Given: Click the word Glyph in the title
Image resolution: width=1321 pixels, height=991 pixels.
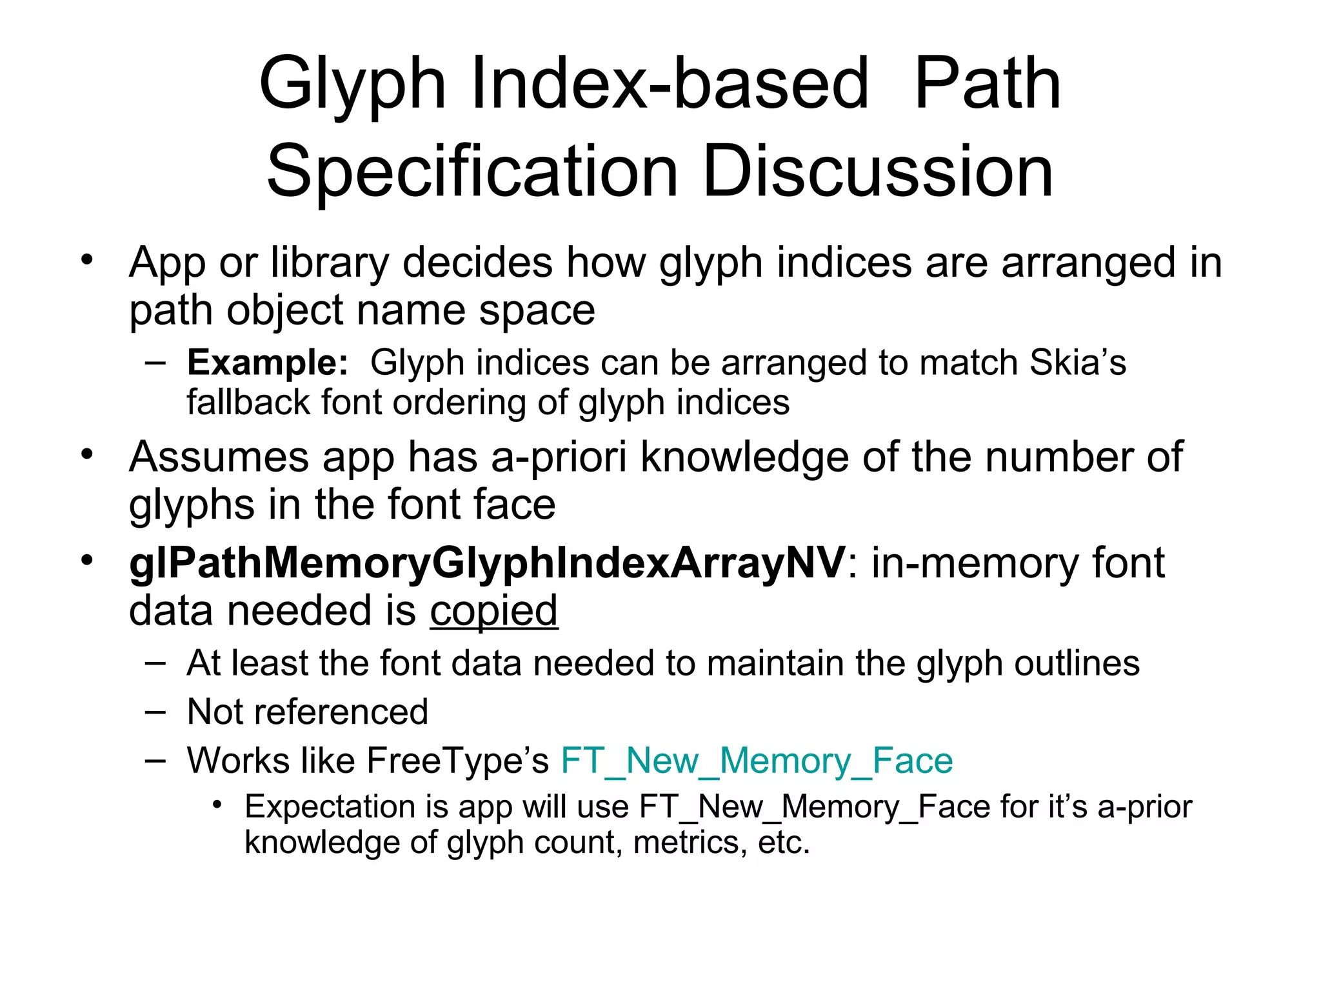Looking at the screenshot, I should (x=352, y=84).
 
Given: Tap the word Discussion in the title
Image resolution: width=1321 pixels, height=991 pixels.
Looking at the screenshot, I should (x=878, y=172).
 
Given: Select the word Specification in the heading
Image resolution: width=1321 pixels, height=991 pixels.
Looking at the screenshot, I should (x=472, y=172).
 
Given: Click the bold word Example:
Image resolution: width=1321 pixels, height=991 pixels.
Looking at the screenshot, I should (x=268, y=362).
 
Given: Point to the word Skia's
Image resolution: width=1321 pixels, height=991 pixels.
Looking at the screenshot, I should (x=1078, y=362).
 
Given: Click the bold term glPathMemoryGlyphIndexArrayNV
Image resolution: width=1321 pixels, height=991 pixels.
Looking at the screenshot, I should (x=487, y=563).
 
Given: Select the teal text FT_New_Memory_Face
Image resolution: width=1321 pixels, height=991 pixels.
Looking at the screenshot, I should (x=757, y=760).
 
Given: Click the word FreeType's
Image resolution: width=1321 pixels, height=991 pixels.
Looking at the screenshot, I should (x=458, y=760).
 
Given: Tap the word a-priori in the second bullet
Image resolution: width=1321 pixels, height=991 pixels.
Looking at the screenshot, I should (x=559, y=457).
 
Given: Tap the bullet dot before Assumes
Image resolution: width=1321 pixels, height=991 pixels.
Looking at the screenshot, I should (x=87, y=454).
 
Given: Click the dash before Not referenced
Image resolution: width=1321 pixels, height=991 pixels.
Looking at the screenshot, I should (x=155, y=711).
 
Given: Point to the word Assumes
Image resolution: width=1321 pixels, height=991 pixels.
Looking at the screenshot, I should (x=219, y=457).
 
